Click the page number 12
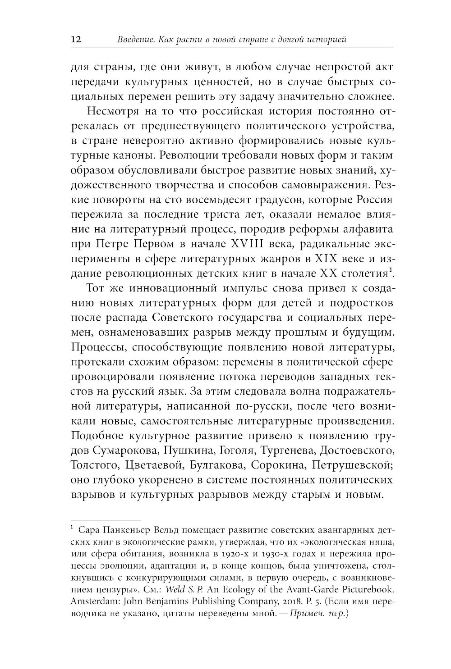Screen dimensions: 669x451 (x=76, y=40)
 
